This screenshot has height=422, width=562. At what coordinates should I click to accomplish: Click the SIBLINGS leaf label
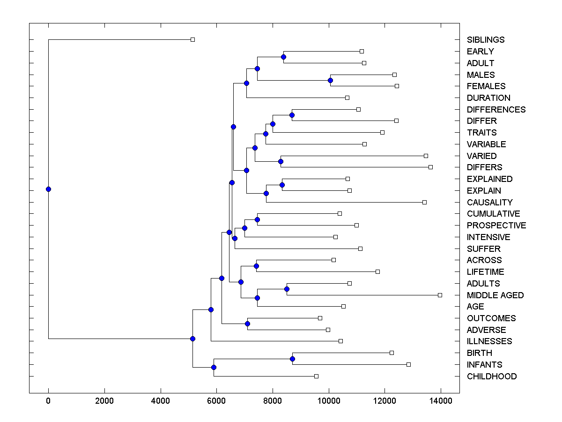pos(486,40)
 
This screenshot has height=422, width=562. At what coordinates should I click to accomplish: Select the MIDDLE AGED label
pos(495,295)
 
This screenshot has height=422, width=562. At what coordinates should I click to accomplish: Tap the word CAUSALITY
pos(489,203)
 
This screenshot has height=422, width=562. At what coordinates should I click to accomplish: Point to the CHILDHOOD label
pos(492,377)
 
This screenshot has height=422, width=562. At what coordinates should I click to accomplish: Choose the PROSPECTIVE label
pos(496,226)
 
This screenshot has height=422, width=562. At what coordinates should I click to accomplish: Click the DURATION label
pos(488,98)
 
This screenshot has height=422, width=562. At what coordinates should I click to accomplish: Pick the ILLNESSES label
pos(489,341)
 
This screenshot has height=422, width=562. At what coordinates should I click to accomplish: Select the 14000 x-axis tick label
pos(441,400)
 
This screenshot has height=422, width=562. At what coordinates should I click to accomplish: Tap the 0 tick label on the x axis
pos(48,400)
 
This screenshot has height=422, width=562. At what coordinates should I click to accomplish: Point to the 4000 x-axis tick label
pos(161,400)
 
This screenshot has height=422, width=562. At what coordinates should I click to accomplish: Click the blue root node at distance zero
pos(48,189)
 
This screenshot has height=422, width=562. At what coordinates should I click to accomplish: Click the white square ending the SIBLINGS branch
pos(192,40)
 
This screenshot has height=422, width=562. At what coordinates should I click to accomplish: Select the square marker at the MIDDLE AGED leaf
pos(440,295)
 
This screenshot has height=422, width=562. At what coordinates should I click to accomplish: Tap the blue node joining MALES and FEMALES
pos(330,80)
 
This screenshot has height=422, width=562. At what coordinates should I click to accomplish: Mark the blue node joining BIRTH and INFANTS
pos(292,359)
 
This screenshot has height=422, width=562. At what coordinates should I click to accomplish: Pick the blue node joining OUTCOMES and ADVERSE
pos(247,324)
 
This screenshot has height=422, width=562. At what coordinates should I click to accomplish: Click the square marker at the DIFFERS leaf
pos(430,167)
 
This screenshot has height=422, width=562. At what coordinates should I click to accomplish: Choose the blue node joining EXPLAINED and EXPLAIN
pos(282,185)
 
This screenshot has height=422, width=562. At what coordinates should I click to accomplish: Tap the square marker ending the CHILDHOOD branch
pos(316,376)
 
